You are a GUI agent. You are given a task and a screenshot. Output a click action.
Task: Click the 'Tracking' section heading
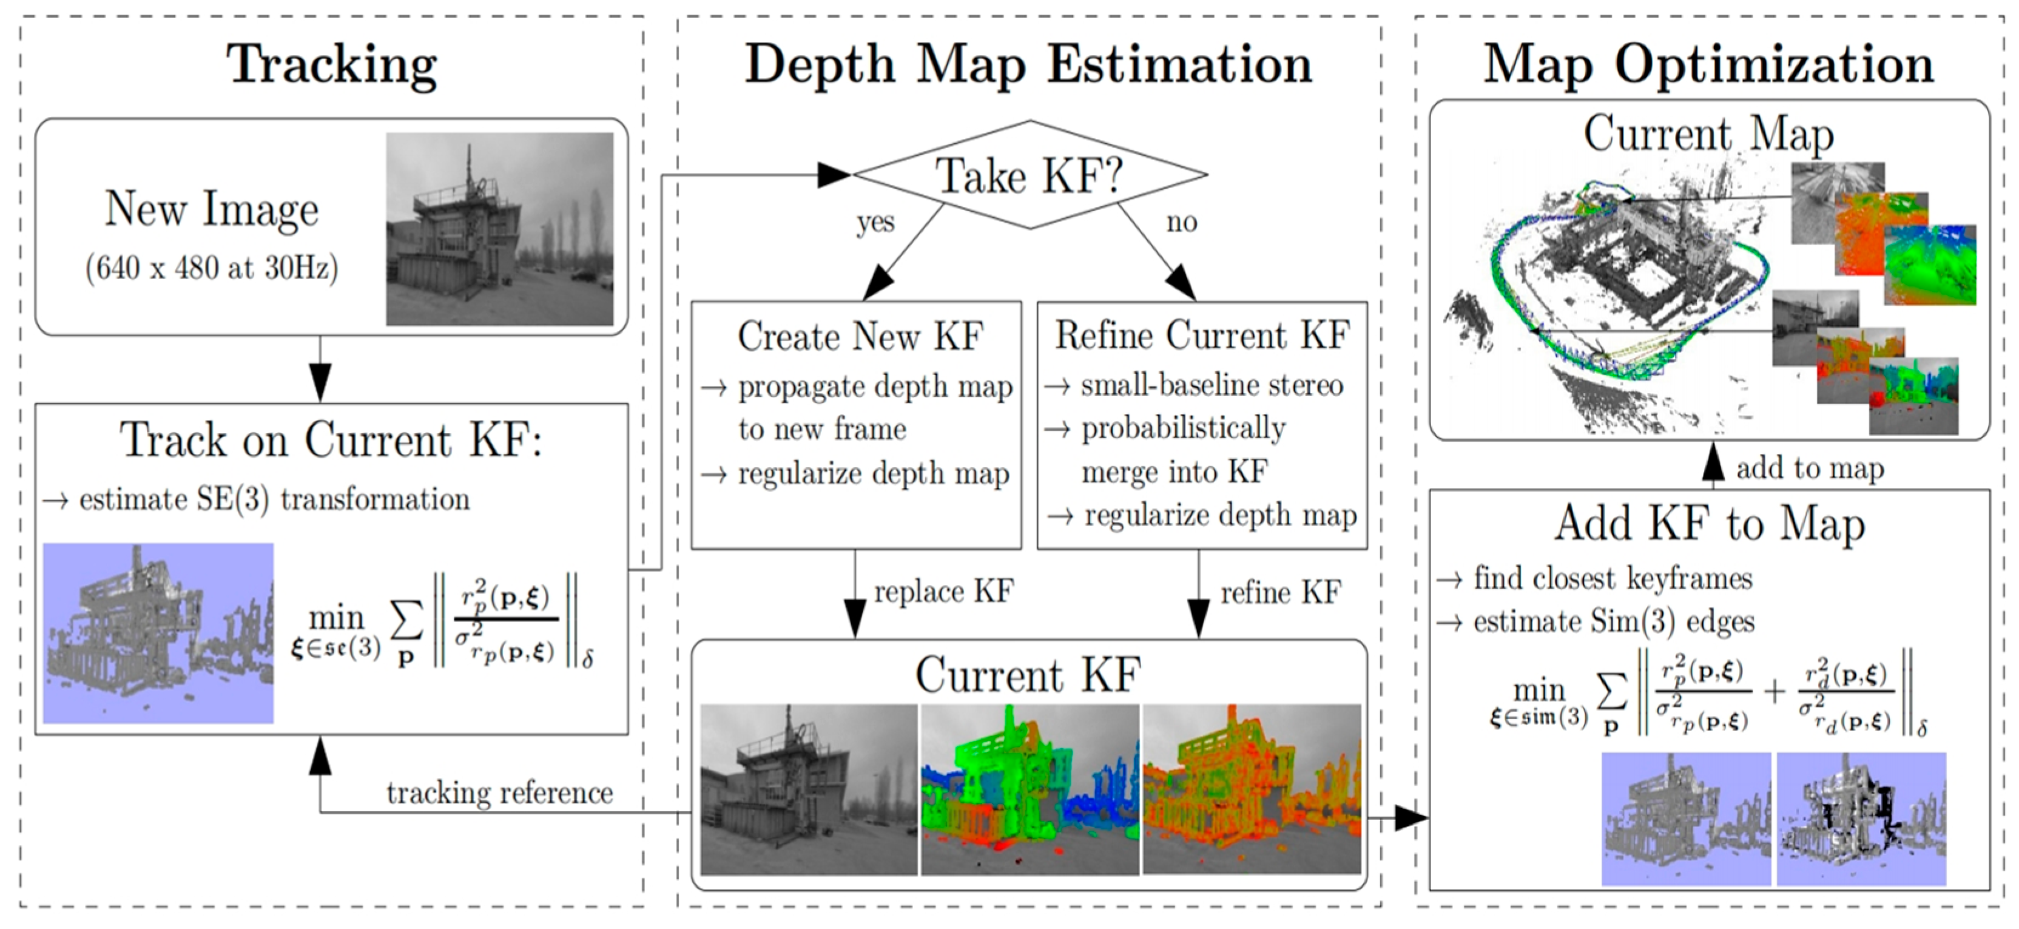(331, 64)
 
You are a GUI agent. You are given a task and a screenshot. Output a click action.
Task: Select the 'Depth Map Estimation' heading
(1028, 64)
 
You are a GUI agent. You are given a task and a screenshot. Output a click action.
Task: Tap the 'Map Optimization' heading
(1708, 64)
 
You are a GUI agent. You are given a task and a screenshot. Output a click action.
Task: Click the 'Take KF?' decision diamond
(1029, 175)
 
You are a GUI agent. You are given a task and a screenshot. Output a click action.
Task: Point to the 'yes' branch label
(875, 222)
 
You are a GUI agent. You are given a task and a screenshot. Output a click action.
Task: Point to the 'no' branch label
(1181, 222)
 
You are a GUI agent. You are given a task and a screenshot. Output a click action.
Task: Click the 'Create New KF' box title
(860, 336)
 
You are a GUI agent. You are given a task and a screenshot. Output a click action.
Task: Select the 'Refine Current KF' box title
(1202, 336)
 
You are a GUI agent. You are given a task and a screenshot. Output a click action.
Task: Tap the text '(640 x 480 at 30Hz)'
(212, 268)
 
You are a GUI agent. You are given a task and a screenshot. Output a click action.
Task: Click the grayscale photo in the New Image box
(499, 228)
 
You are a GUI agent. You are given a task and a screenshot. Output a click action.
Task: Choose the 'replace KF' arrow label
(943, 591)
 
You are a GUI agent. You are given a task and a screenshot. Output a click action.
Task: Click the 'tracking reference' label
(499, 792)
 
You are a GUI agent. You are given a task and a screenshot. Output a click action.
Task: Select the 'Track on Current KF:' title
(331, 440)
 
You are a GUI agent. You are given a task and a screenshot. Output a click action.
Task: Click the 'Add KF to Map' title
(1710, 523)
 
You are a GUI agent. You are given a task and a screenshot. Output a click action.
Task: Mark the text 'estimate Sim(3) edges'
(1613, 622)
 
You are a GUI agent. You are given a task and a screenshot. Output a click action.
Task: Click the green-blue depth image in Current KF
(1029, 789)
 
